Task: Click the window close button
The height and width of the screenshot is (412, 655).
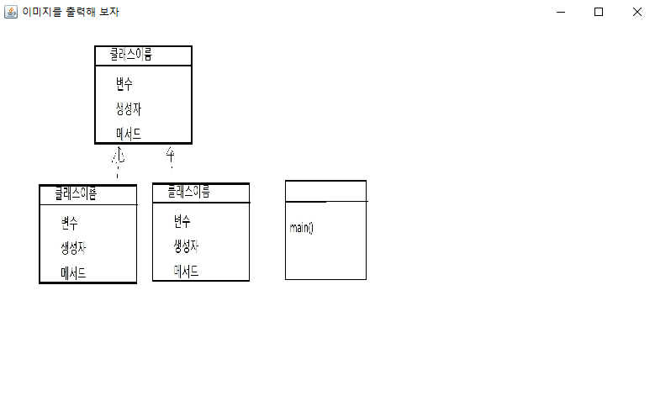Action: [637, 12]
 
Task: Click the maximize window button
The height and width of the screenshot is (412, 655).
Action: [599, 12]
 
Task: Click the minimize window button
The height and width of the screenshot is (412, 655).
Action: [561, 12]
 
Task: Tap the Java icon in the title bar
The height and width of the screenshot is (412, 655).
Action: [11, 12]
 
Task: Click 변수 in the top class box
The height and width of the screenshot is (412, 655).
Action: [124, 84]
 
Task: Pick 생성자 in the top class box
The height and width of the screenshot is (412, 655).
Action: [129, 108]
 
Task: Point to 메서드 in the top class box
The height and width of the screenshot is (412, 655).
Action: [129, 133]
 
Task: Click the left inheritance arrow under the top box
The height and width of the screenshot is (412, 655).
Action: [119, 156]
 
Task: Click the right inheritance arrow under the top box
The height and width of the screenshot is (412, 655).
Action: [170, 154]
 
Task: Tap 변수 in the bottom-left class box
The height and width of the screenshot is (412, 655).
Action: [69, 224]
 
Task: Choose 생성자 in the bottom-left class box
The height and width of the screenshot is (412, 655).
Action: [73, 248]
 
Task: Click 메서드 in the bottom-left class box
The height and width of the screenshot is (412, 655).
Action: [73, 273]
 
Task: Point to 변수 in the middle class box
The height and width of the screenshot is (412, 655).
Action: [182, 222]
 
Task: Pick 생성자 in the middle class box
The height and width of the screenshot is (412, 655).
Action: [186, 246]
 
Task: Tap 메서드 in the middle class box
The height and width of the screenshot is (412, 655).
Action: [186, 272]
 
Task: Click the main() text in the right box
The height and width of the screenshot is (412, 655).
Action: [301, 228]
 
